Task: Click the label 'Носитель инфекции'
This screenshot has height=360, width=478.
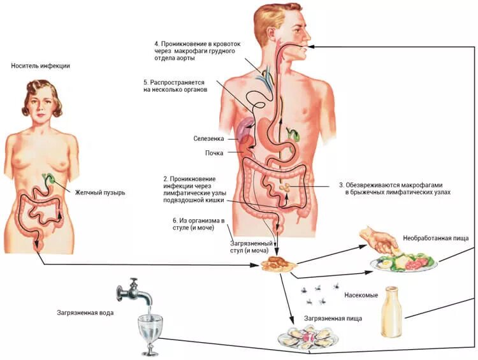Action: click(x=40, y=66)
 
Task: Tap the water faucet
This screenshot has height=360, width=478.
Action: click(x=134, y=292)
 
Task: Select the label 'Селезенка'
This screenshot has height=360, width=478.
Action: click(x=208, y=138)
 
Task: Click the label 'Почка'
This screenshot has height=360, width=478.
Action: click(x=214, y=153)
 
